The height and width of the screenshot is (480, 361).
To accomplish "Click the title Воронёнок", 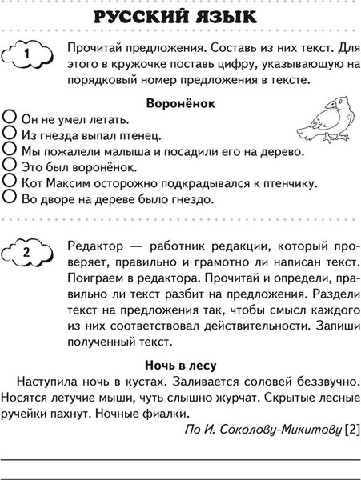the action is point(179,103).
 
